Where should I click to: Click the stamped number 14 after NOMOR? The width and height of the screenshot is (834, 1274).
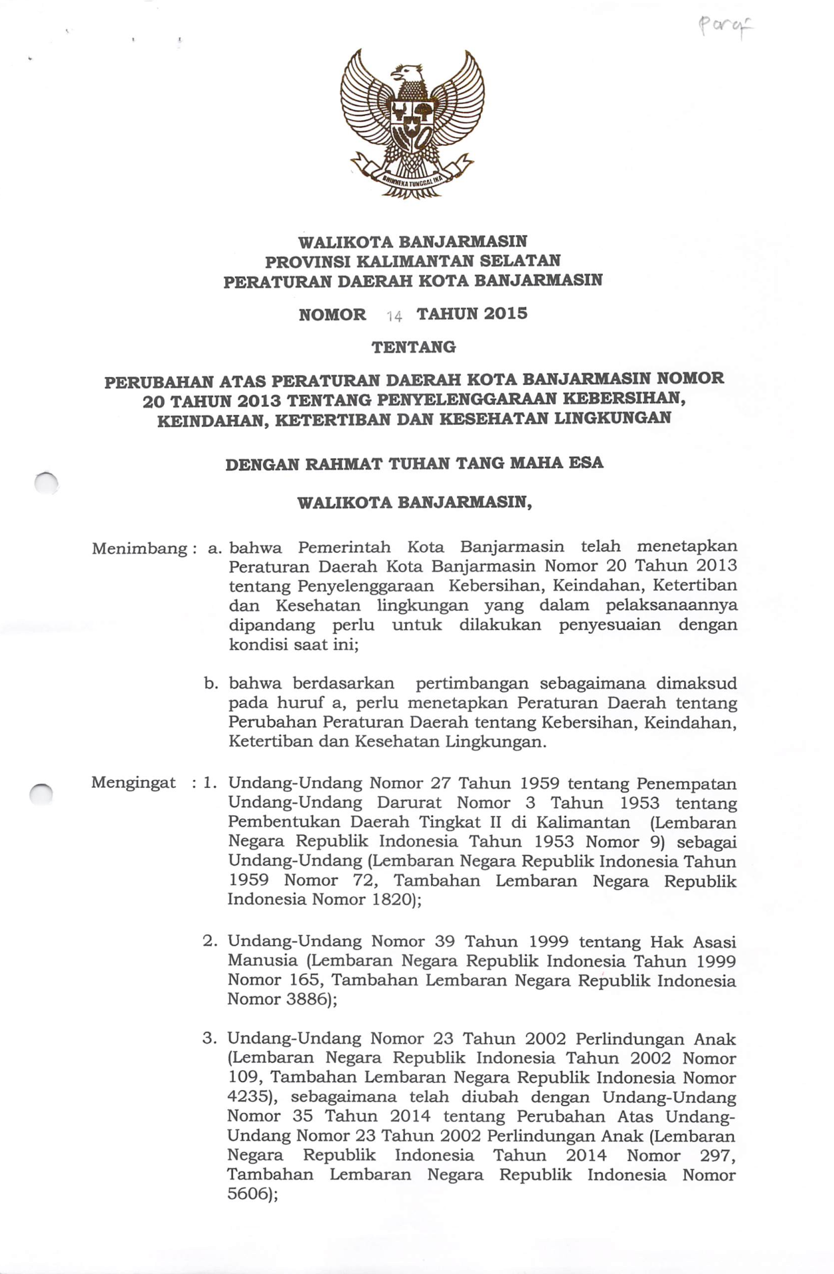pos(394,317)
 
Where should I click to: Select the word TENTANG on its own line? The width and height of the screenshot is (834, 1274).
pos(413,347)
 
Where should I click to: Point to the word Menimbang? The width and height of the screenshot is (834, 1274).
pos(139,549)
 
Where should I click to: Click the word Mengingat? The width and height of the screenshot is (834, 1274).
pos(133,783)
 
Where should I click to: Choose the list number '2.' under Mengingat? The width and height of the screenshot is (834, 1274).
pos(210,941)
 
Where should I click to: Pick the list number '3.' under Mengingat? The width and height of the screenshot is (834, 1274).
pos(210,1038)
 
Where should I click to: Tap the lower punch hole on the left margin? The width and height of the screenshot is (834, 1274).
pos(41,793)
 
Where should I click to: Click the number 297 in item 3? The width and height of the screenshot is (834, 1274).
pos(716,1156)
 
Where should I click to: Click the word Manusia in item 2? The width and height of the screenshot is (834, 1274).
pos(262,961)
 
